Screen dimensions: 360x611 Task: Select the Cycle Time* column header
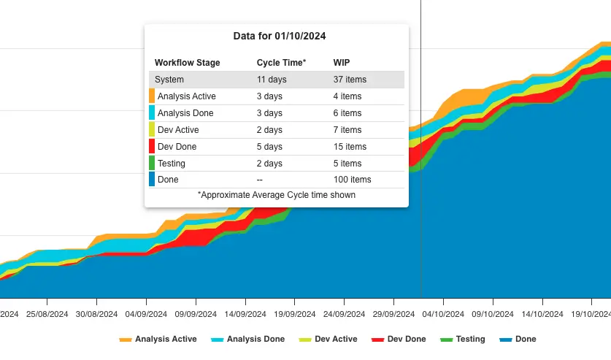click(x=281, y=63)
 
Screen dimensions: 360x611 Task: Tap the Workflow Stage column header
click(x=187, y=63)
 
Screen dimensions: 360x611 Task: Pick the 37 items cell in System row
click(x=350, y=80)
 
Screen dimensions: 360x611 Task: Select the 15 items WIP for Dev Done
click(x=350, y=147)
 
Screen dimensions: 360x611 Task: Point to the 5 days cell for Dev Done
click(x=269, y=147)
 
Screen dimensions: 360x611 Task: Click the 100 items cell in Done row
click(x=352, y=180)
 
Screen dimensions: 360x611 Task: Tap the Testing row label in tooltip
click(x=172, y=164)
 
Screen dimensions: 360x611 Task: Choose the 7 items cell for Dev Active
click(x=347, y=130)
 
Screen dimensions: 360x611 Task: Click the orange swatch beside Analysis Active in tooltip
click(x=152, y=96)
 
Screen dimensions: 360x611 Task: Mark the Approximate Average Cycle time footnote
click(x=277, y=195)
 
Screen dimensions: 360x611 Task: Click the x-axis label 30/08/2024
click(x=96, y=314)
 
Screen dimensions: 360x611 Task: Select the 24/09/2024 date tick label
click(x=344, y=314)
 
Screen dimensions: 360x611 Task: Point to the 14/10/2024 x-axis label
click(x=542, y=314)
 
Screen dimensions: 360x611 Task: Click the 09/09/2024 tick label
click(x=195, y=314)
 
